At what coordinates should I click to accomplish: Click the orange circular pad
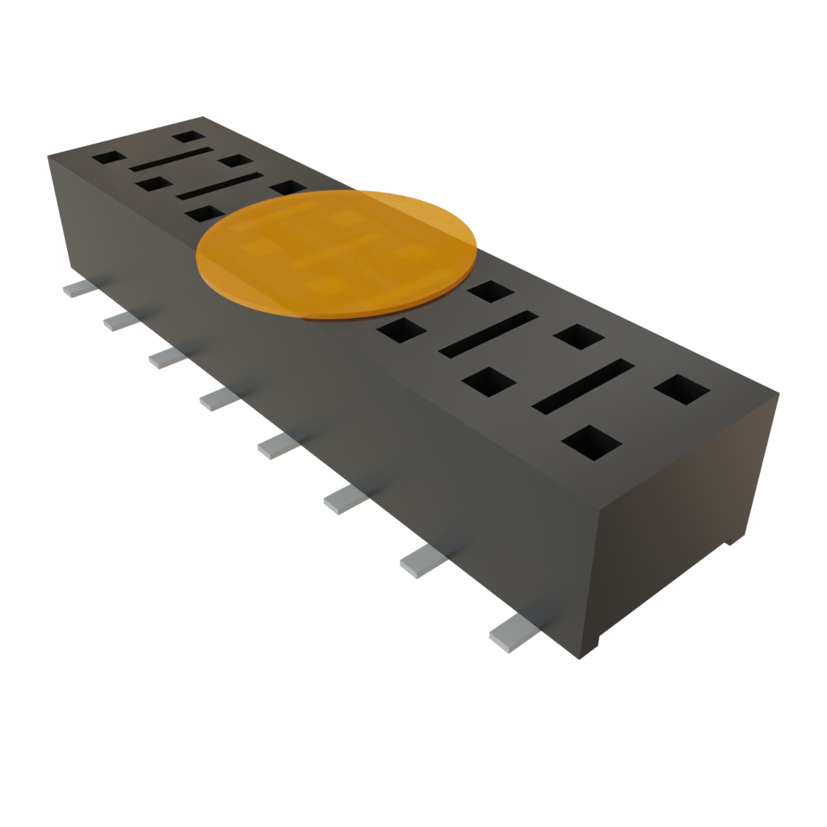pyautogui.click(x=337, y=252)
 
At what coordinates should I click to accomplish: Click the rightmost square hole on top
pyautogui.click(x=681, y=388)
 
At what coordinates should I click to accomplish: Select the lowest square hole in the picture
pyautogui.click(x=592, y=442)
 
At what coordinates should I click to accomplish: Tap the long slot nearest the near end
pyautogui.click(x=582, y=386)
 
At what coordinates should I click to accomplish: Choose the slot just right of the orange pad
pyautogui.click(x=488, y=334)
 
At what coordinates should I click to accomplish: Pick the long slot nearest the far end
pyautogui.click(x=170, y=159)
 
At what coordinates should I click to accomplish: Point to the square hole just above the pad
pyautogui.click(x=288, y=187)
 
